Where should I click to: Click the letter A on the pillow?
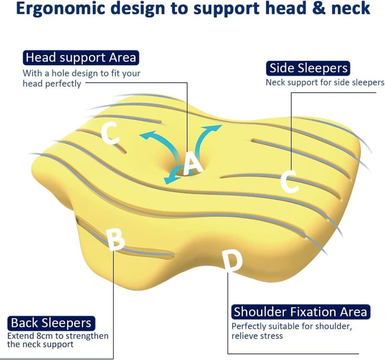tap(193, 163)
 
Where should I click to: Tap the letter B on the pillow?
tap(115, 239)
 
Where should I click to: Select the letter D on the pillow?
tap(232, 261)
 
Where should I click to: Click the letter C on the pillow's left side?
tap(110, 133)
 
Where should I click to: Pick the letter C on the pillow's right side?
tap(290, 181)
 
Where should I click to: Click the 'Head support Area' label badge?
tap(81, 58)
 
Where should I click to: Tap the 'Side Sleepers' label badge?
tap(308, 68)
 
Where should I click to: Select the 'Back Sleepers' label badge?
tap(51, 323)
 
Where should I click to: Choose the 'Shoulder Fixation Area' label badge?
tap(301, 312)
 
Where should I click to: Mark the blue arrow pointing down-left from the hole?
tap(174, 174)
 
